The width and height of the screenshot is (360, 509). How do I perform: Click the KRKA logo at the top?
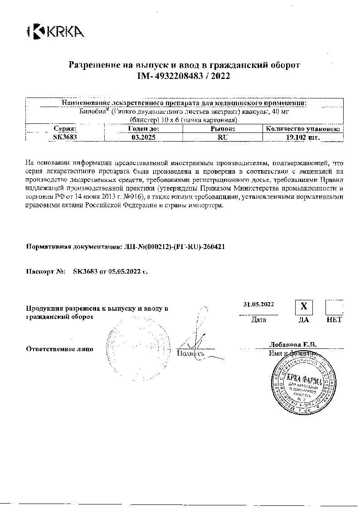click(x=56, y=31)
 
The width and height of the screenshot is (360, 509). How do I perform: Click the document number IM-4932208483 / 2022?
click(x=184, y=77)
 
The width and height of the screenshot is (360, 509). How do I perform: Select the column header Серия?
click(x=65, y=129)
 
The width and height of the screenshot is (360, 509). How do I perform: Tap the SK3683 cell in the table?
click(x=65, y=137)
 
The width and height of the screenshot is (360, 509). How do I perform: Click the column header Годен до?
click(x=143, y=129)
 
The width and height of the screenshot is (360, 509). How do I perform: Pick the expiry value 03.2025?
click(x=143, y=137)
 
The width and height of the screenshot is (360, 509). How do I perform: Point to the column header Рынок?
click(x=223, y=129)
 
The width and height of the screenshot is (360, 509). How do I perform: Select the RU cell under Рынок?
click(x=223, y=137)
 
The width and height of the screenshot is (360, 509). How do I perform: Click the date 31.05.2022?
click(x=258, y=304)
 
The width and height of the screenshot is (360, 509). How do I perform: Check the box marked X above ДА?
click(x=304, y=307)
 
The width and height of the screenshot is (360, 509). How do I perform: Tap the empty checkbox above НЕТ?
click(x=334, y=307)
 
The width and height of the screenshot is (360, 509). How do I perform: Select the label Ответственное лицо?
click(x=59, y=349)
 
